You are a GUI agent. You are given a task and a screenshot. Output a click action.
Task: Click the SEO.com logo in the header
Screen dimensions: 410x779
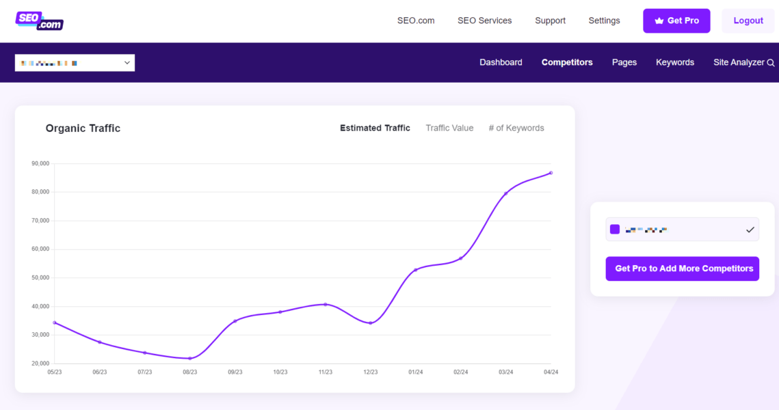40,21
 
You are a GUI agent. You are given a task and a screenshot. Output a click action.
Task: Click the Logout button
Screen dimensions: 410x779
748,20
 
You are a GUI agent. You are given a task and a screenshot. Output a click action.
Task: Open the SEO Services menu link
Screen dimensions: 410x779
484,20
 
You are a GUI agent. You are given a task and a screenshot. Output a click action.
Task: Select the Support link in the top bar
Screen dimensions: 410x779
550,20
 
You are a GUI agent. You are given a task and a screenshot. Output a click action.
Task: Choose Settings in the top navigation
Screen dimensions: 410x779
604,20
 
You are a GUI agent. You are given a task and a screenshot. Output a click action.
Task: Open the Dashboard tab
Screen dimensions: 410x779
501,62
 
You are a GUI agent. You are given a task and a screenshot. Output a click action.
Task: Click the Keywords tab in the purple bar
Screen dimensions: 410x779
674,62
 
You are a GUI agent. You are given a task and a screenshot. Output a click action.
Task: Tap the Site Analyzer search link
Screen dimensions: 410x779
743,62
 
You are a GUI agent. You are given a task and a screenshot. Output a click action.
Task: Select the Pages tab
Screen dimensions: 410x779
624,62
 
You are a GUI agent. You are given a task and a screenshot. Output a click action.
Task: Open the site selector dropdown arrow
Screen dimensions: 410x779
127,63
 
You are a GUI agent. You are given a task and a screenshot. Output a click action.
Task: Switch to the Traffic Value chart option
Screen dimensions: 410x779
449,128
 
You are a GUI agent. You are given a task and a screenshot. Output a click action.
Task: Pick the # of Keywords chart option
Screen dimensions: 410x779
516,128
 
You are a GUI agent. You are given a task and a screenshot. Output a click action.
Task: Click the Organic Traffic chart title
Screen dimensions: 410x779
83,128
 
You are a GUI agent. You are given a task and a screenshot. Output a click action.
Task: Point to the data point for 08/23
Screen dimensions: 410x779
190,358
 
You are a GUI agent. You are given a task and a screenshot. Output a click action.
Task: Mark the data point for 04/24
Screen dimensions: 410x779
551,173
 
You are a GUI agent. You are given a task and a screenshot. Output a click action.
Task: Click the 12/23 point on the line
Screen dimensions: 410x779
371,323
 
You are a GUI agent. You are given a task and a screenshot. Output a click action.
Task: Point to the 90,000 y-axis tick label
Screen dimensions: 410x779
40,163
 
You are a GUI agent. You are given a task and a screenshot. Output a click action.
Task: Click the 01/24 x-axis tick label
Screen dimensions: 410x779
416,372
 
